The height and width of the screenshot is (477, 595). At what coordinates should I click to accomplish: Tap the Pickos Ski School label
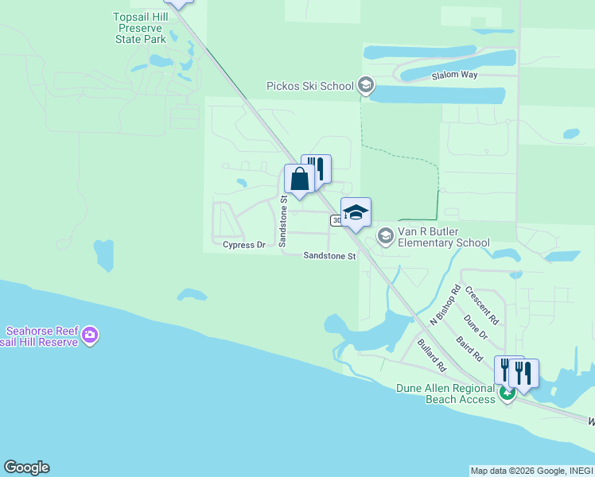click(310, 86)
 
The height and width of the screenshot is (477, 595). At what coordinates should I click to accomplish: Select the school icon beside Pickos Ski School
click(366, 85)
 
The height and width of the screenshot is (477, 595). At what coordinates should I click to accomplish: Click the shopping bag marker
click(299, 179)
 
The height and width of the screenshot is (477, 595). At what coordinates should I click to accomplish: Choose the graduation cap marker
click(356, 212)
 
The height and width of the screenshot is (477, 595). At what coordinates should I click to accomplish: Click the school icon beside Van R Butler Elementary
click(386, 236)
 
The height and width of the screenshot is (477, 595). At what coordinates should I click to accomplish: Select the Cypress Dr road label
click(243, 245)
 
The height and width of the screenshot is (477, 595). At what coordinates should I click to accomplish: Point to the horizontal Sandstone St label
click(329, 256)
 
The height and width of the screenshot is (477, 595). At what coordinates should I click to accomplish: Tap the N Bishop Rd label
click(445, 303)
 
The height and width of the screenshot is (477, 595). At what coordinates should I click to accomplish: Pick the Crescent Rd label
click(482, 305)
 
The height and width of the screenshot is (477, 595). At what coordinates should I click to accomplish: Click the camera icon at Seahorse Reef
click(90, 335)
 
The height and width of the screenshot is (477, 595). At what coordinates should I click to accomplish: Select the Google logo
click(26, 467)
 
